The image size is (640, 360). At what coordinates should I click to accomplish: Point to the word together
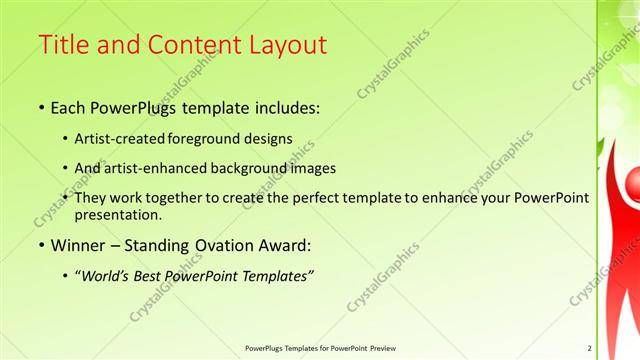(x=199, y=198)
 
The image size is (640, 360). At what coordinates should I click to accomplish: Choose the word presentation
(x=125, y=214)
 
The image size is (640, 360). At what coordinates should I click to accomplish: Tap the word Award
(x=288, y=246)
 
